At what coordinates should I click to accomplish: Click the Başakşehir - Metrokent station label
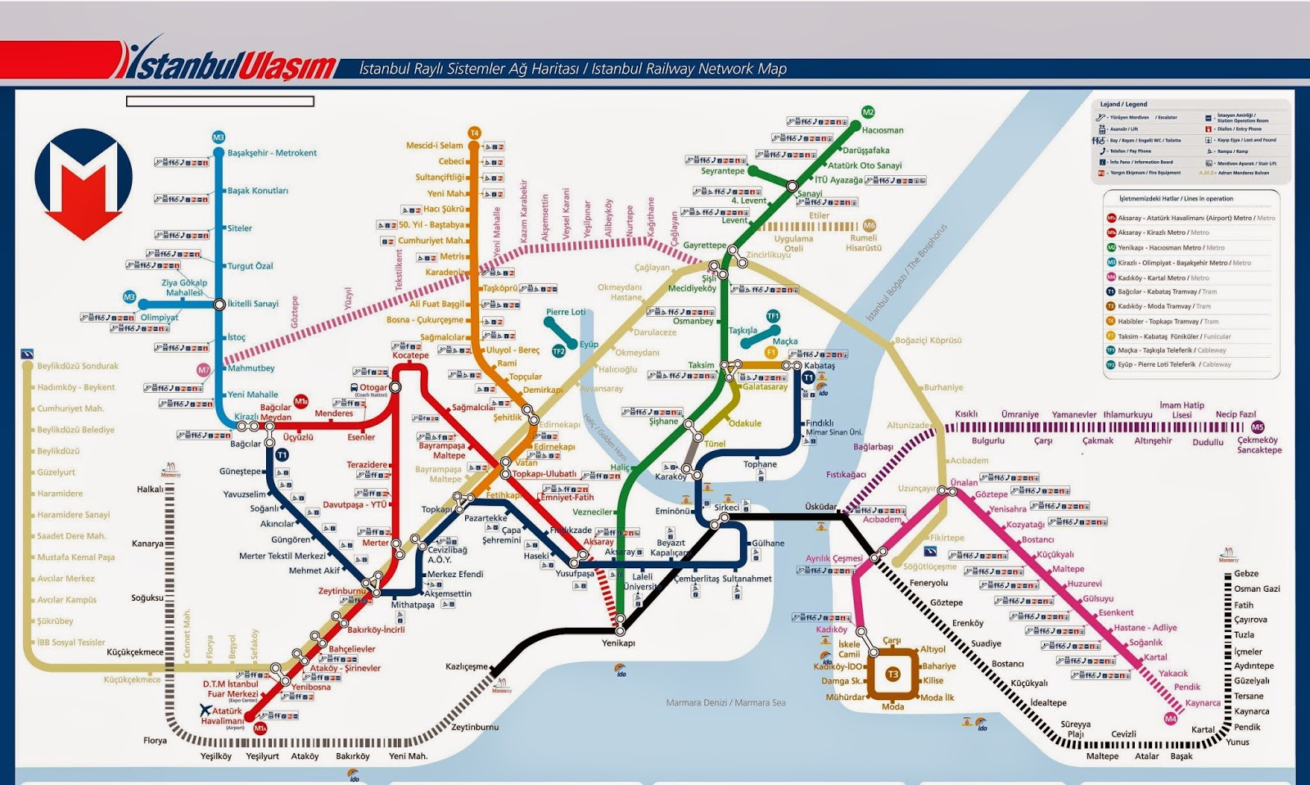tap(272, 153)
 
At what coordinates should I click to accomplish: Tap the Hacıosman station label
tap(883, 130)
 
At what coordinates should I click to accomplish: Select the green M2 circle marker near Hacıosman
tap(868, 112)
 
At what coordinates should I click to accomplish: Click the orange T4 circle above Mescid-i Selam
tap(474, 133)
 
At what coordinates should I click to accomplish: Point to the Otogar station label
tap(373, 387)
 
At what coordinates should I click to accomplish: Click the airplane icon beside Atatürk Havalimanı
tap(206, 711)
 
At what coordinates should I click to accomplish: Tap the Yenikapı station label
tap(618, 643)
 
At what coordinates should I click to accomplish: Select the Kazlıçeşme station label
tap(466, 666)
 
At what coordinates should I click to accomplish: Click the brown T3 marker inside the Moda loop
tap(892, 674)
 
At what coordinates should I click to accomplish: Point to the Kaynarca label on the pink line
tap(1203, 703)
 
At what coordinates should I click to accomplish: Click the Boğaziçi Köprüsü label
tap(928, 341)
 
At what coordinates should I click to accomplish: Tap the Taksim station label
tap(701, 365)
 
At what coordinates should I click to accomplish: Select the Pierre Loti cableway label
tap(566, 312)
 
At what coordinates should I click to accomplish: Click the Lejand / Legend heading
tap(1123, 105)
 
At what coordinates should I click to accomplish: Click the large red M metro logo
tap(84, 184)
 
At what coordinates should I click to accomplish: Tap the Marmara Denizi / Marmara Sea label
tap(725, 702)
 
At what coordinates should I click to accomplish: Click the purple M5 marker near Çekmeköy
tap(1258, 427)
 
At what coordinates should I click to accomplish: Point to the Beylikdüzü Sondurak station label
tap(78, 366)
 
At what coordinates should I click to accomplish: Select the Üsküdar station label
tap(820, 507)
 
